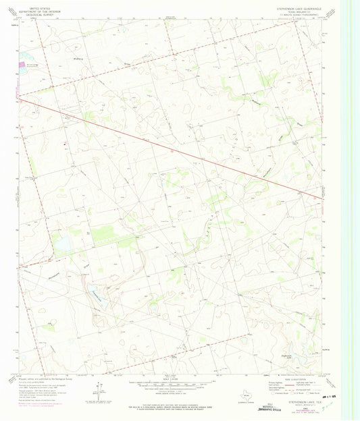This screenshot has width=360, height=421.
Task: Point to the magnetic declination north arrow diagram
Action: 99,390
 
